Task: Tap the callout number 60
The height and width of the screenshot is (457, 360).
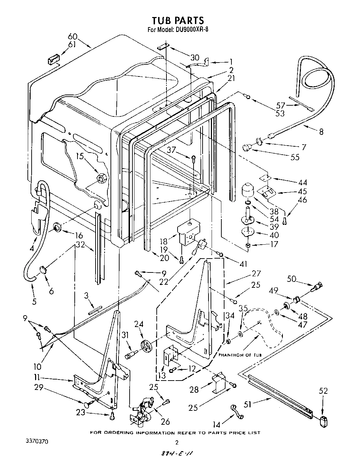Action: pyautogui.click(x=72, y=36)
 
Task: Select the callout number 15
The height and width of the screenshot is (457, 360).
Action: pyautogui.click(x=81, y=157)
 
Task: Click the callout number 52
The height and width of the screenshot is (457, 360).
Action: pyautogui.click(x=323, y=391)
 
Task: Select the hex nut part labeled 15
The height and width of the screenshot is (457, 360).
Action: pyautogui.click(x=101, y=179)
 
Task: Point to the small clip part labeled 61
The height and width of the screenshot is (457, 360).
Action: pyautogui.click(x=53, y=60)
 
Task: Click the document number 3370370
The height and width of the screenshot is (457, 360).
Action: pyautogui.click(x=37, y=441)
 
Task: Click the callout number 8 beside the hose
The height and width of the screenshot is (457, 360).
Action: pyautogui.click(x=321, y=132)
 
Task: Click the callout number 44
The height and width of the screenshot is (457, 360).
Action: pyautogui.click(x=303, y=182)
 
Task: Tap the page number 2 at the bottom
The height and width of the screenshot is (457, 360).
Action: pyautogui.click(x=177, y=442)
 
